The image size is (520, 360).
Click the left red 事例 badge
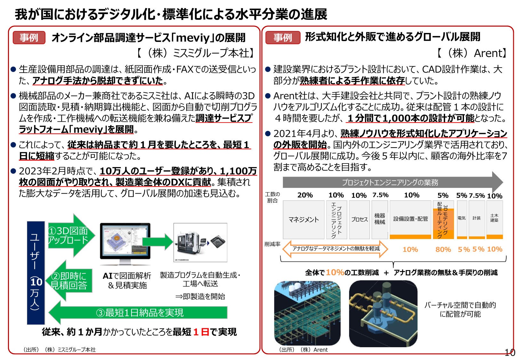pos(29,37)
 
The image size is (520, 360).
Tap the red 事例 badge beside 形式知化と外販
pos(283,37)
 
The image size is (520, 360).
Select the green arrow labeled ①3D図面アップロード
pos(71,236)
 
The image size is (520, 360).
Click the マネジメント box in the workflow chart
pos(303,220)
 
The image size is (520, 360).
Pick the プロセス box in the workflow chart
pos(359,220)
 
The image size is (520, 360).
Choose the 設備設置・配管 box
pos(410,219)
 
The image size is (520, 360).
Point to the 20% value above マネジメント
pos(305,195)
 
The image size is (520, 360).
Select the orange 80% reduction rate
pos(443,250)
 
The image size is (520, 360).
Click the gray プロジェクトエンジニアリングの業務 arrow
pos(390,182)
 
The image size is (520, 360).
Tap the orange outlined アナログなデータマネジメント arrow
pos(335,249)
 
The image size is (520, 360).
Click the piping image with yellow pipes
pos(383,314)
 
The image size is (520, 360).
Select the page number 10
pos(510,353)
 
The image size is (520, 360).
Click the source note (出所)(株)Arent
pos(303,350)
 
